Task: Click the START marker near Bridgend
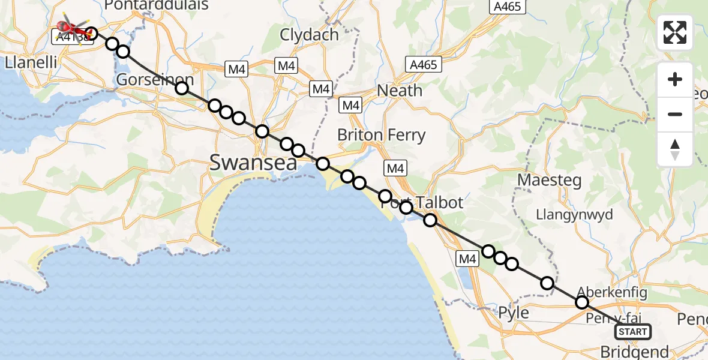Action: point(633,331)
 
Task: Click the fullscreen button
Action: point(675,32)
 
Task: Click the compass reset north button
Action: point(675,149)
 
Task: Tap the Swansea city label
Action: point(253,162)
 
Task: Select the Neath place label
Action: point(400,91)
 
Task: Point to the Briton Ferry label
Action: point(381,135)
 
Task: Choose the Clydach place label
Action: point(309,35)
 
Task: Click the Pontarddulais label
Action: point(156,5)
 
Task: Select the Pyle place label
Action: point(514,313)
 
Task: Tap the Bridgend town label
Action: point(634,352)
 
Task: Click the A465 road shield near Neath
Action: point(424,64)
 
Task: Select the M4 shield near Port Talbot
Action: point(395,169)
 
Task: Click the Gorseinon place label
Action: point(155,80)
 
